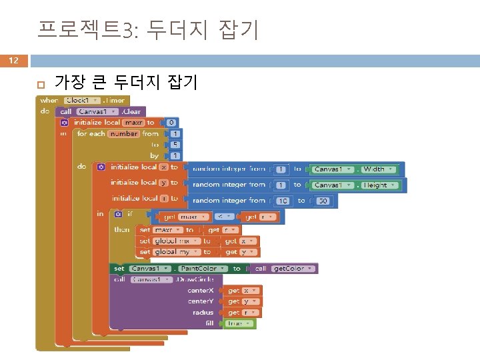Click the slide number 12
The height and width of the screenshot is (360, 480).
click(13, 61)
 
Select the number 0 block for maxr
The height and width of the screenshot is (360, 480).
click(171, 123)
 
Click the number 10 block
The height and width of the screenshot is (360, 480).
click(283, 200)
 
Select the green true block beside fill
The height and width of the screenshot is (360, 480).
click(239, 323)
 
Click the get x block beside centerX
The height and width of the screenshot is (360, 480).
click(242, 291)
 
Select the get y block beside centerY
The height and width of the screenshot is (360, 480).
click(242, 301)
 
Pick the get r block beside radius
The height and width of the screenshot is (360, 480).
click(242, 312)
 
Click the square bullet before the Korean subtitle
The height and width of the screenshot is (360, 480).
click(39, 84)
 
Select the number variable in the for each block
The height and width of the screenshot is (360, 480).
click(123, 133)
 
